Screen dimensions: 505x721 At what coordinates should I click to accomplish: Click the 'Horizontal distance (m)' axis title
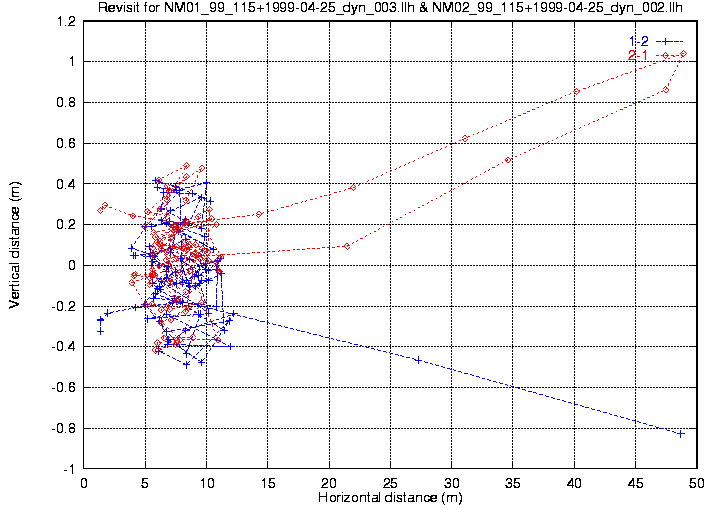(x=389, y=496)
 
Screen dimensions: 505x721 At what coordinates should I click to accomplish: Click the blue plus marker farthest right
(x=680, y=433)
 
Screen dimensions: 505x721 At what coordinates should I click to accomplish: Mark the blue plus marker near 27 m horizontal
(x=417, y=359)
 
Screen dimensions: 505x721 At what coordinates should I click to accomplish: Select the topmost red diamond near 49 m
(x=683, y=54)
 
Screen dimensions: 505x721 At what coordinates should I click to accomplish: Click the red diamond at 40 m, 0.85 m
(x=576, y=92)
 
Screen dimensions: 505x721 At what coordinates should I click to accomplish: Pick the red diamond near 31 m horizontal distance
(x=465, y=138)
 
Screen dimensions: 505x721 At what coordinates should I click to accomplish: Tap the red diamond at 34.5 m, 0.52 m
(x=508, y=160)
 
